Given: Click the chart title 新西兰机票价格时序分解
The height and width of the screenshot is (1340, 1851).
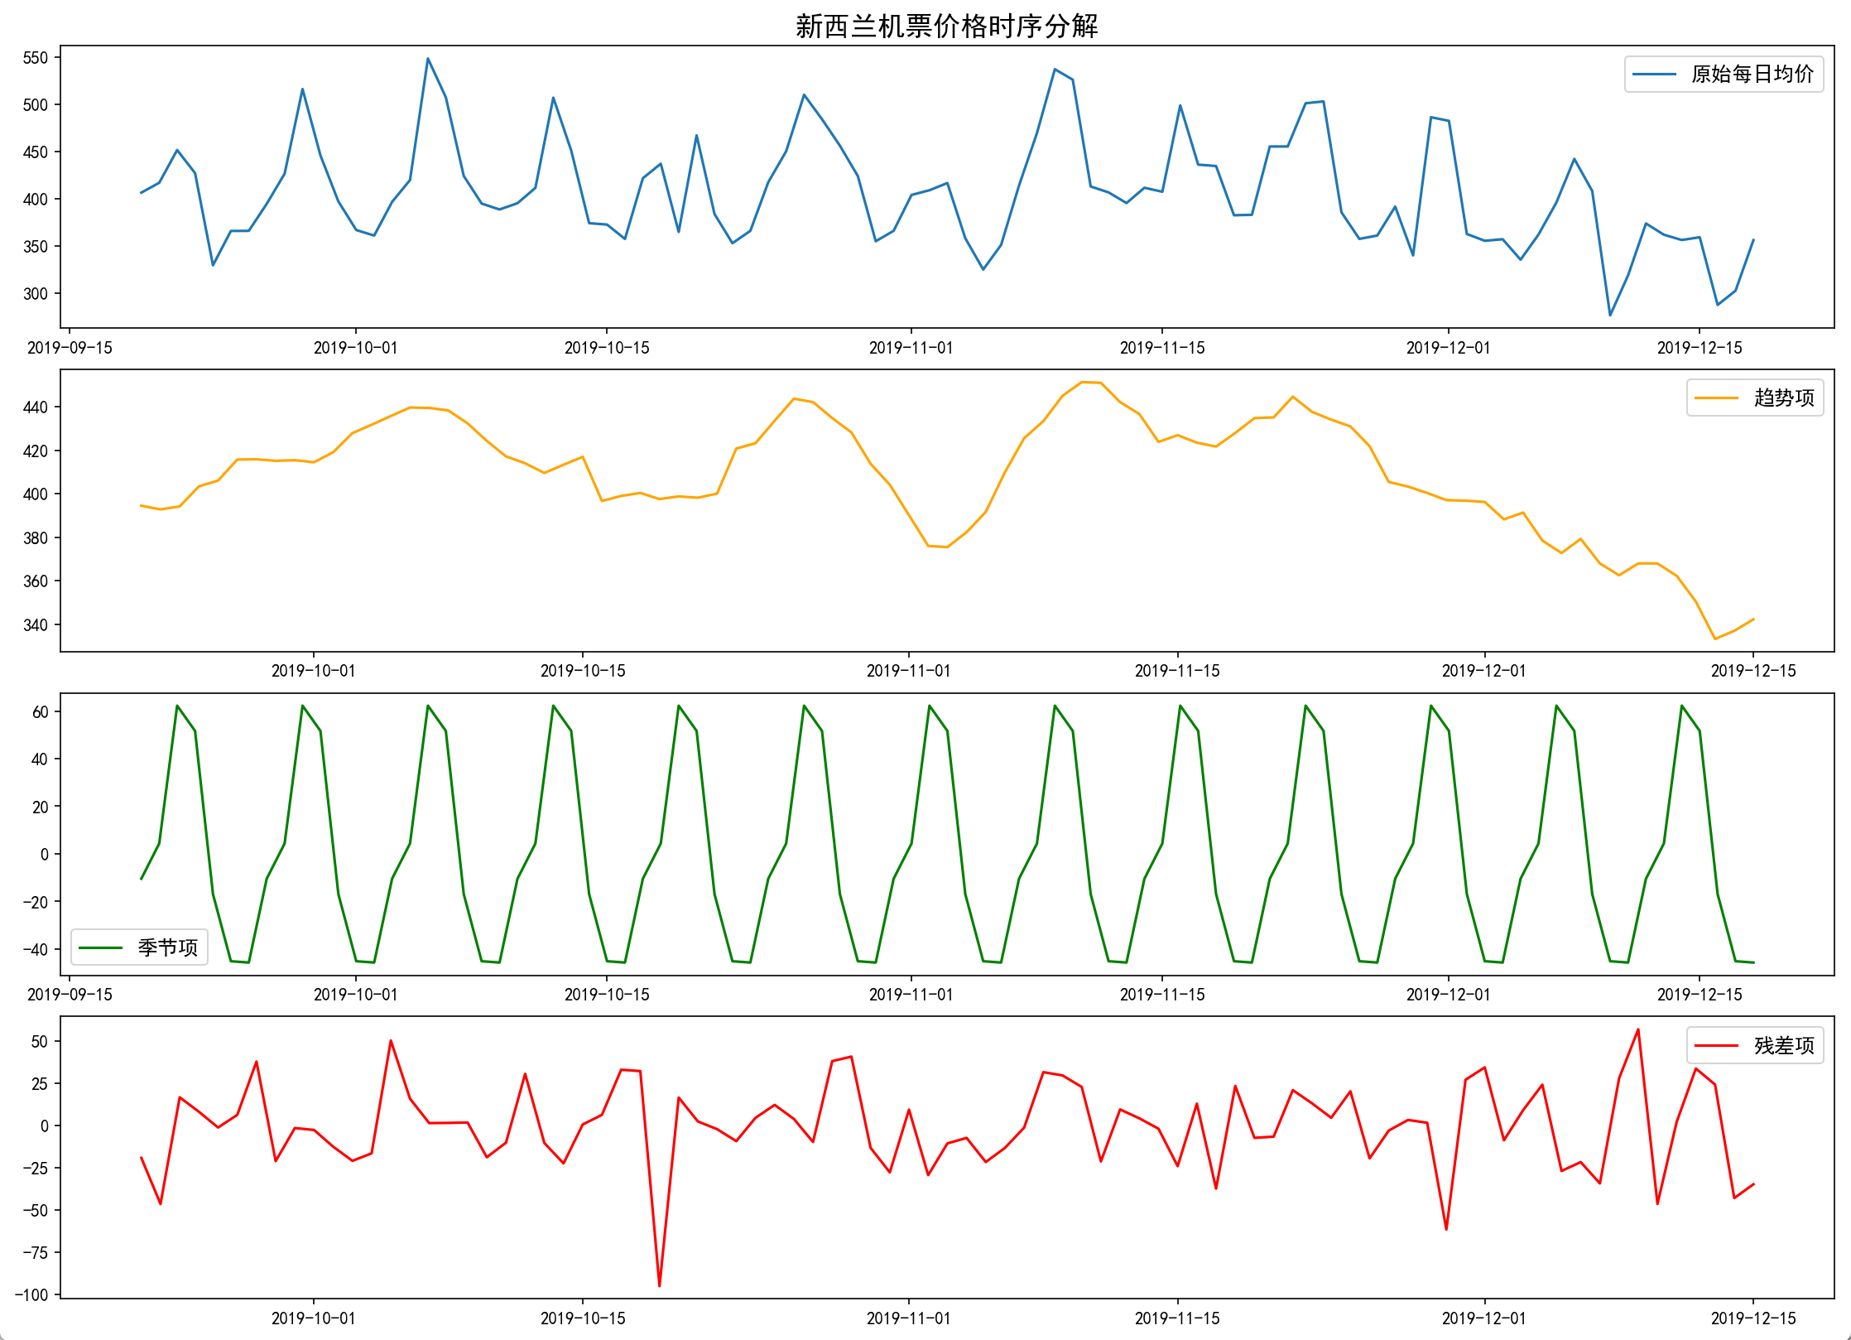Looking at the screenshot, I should (x=946, y=27).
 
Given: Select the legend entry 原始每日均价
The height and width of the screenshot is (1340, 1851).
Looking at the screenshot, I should (x=1752, y=75).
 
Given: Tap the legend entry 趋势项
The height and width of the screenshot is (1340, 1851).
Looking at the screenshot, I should (x=1783, y=398).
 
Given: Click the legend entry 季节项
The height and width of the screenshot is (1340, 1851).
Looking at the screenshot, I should (x=167, y=947).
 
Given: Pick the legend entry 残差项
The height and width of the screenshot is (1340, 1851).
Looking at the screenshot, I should (x=1783, y=1046).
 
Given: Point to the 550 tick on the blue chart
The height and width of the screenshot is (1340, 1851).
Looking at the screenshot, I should (x=36, y=58).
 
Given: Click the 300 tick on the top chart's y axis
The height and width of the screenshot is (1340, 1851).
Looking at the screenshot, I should (x=36, y=294).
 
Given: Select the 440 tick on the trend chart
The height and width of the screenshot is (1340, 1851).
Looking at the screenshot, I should (x=36, y=407).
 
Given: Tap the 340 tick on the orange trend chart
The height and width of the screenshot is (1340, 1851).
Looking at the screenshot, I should (x=36, y=625).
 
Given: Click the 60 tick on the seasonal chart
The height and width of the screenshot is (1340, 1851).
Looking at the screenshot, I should (x=41, y=712).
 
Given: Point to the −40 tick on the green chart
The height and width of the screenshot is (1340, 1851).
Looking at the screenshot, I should (x=36, y=950).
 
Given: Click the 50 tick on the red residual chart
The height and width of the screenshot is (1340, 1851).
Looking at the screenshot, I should (x=40, y=1042).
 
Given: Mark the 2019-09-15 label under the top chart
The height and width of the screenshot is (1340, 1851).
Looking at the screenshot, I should (x=70, y=348).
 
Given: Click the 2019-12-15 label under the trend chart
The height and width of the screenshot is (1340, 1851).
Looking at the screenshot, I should (x=1753, y=671).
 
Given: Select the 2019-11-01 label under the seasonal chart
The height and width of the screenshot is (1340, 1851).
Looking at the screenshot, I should (x=911, y=995).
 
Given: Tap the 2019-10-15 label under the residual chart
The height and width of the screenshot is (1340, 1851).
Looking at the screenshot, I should (x=583, y=1318).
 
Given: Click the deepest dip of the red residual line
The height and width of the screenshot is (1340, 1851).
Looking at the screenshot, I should (x=660, y=1286).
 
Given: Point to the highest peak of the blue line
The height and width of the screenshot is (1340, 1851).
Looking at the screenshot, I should (x=428, y=59).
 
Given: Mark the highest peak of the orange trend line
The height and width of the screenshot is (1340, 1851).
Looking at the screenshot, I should (x=1082, y=382).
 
